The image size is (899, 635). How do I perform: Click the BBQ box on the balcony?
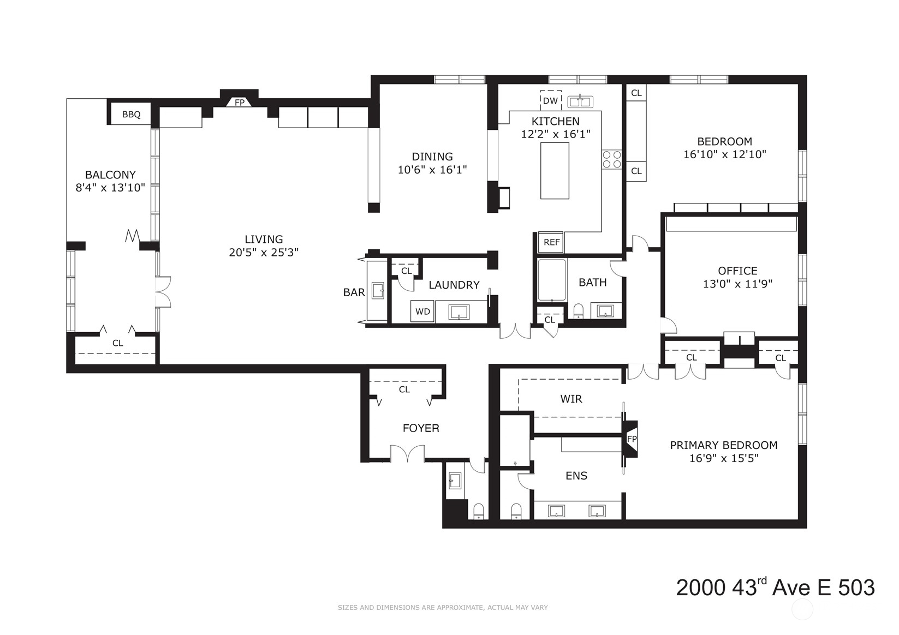click(131, 114)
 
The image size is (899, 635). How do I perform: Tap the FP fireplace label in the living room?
click(239, 103)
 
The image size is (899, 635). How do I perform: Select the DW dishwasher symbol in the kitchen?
click(551, 101)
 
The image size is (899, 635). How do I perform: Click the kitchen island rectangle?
click(555, 171)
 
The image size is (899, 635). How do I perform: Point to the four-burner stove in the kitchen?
click(612, 159)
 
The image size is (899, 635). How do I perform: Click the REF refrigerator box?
click(551, 242)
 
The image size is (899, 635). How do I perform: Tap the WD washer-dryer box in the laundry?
click(422, 311)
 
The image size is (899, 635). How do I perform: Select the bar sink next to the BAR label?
click(378, 290)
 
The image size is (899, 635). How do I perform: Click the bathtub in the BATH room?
click(552, 280)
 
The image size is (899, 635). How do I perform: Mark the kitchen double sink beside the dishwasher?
click(580, 101)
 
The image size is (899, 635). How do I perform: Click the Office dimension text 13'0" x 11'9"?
click(737, 284)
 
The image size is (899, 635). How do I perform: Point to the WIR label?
click(571, 399)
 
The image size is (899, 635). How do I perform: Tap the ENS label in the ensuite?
click(576, 476)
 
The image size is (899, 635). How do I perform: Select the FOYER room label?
click(421, 428)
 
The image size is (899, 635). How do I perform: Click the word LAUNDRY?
click(454, 285)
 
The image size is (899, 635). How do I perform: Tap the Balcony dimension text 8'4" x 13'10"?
click(110, 188)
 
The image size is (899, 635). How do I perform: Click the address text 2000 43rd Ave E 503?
click(776, 587)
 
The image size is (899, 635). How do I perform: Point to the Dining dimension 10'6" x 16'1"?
click(432, 170)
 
